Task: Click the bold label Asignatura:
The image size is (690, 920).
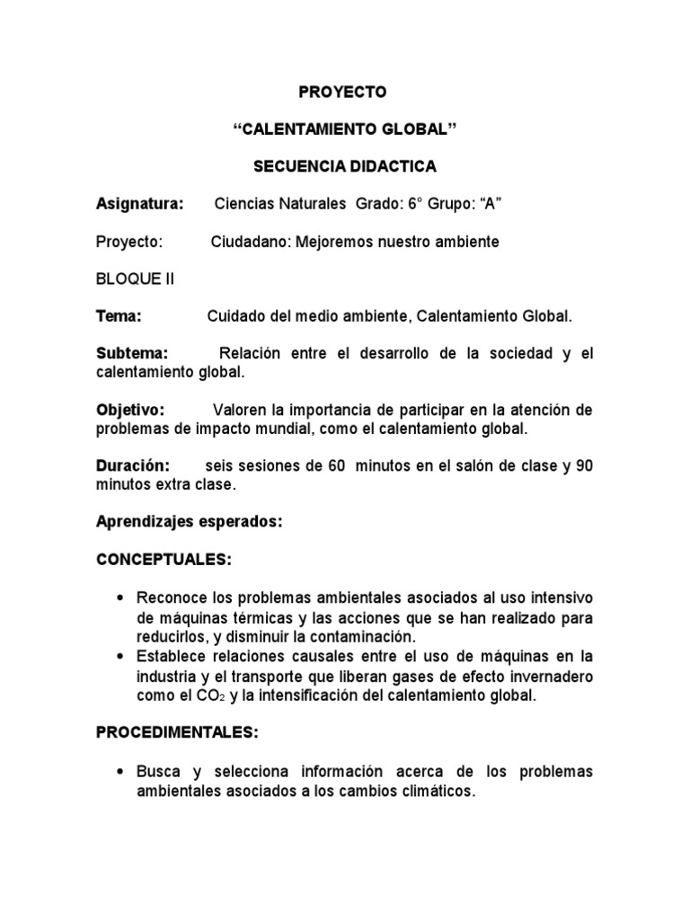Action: [139, 205]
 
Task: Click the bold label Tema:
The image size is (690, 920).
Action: [119, 316]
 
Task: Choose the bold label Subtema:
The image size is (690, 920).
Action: [133, 354]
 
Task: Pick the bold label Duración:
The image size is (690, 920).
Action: [133, 466]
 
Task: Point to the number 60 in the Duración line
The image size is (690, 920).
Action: [336, 466]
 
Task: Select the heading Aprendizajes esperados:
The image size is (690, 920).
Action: [190, 522]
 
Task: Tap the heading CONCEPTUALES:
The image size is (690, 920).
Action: [164, 560]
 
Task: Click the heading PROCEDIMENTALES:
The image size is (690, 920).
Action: [177, 733]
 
